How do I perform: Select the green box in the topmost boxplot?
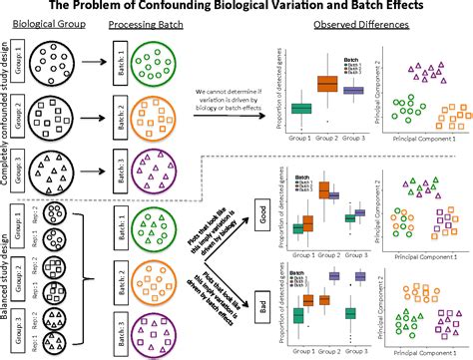point(302,109)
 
